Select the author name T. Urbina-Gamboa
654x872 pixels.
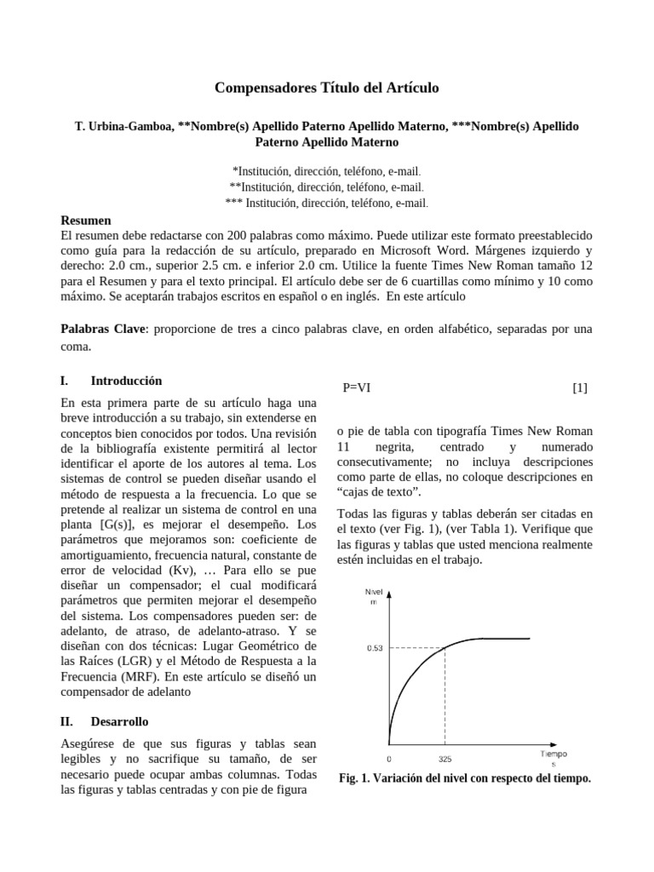pos(123,126)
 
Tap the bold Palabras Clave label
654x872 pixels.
pos(100,329)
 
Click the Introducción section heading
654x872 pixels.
pos(126,381)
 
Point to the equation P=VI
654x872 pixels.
pos(356,387)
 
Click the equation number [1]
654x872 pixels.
pos(580,387)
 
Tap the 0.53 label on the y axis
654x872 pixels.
pos(376,648)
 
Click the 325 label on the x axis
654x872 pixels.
pos(445,757)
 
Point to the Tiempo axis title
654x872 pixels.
pos(553,754)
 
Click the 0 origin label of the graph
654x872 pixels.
pos(389,757)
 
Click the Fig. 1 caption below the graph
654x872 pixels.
pos(464,778)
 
